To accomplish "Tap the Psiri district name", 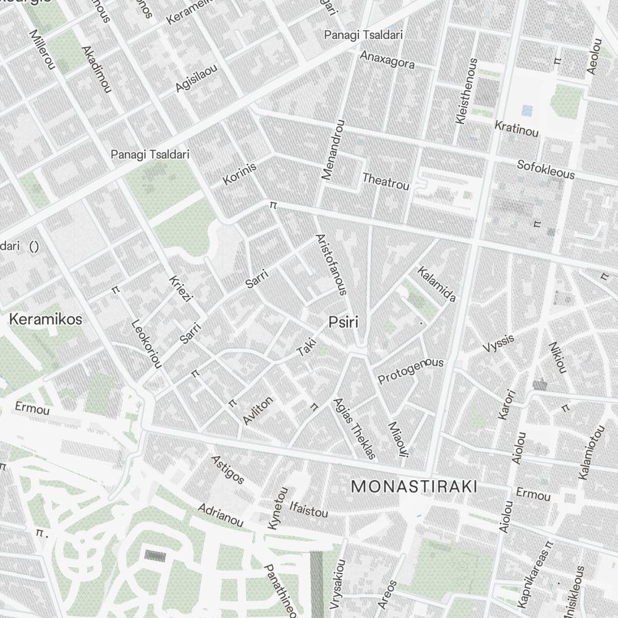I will pos(344,323).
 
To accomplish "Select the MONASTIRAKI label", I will pos(413,487).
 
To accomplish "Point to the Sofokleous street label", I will pos(546,169).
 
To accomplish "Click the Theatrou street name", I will pos(386,181).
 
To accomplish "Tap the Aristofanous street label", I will pos(331,264).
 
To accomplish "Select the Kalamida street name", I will pos(437,284).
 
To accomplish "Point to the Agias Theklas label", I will pos(354,428).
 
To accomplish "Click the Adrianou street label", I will pos(221,515).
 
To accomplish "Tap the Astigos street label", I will pos(227,469).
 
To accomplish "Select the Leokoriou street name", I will pos(146,344).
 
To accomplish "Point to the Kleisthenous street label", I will pos(466,91).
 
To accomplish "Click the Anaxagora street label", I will pos(387,59).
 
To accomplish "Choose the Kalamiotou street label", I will pos(593,452).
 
